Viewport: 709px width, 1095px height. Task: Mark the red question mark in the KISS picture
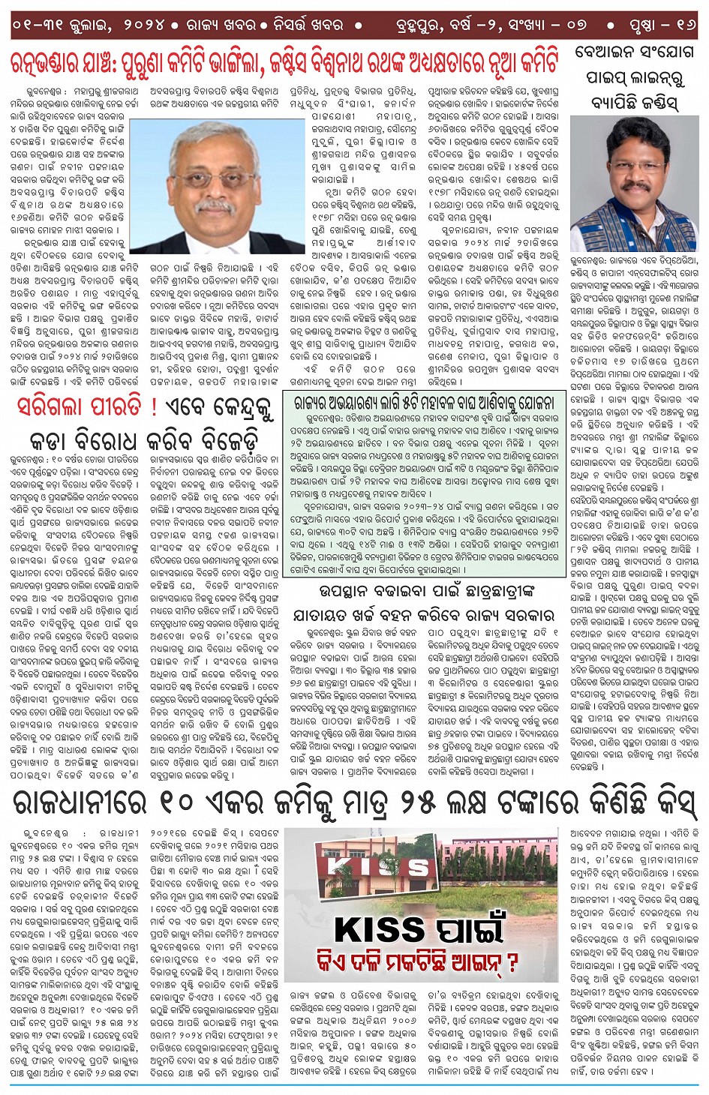(x=512, y=961)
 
